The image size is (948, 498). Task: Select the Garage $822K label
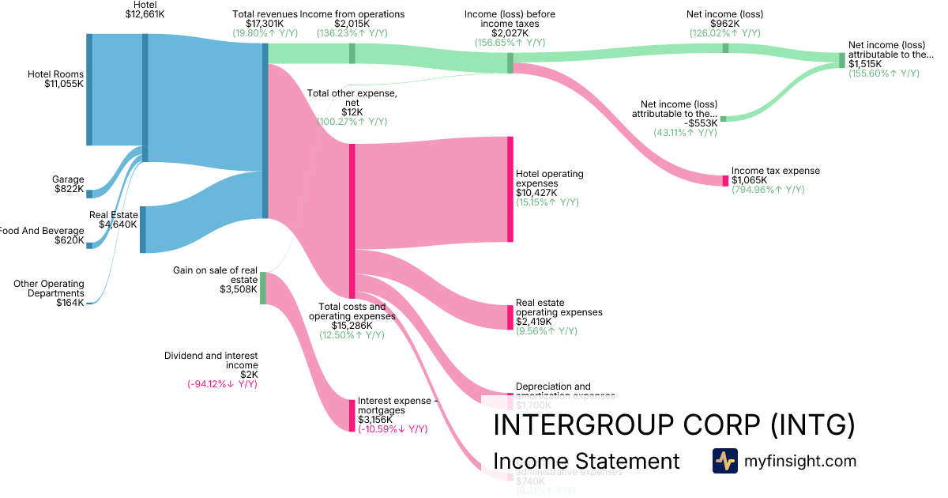click(x=69, y=184)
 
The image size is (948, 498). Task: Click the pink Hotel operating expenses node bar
click(x=510, y=189)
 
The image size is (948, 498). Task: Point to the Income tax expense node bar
click(x=725, y=180)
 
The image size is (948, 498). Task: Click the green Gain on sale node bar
click(x=263, y=288)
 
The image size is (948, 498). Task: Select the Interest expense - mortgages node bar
click(x=352, y=415)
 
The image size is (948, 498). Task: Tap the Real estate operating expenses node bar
click(x=510, y=317)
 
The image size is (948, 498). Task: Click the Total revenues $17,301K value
click(x=265, y=25)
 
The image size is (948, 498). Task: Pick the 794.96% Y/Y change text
click(x=768, y=190)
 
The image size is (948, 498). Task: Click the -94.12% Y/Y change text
click(x=223, y=384)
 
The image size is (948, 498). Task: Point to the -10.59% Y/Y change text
click(x=393, y=429)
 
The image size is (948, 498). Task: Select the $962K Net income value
click(x=725, y=24)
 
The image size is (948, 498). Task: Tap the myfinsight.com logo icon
click(x=724, y=461)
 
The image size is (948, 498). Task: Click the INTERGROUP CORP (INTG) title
click(x=673, y=425)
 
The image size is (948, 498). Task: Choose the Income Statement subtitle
click(x=585, y=461)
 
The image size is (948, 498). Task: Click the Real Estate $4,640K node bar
click(x=142, y=229)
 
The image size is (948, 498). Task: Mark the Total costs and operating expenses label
click(x=352, y=311)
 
